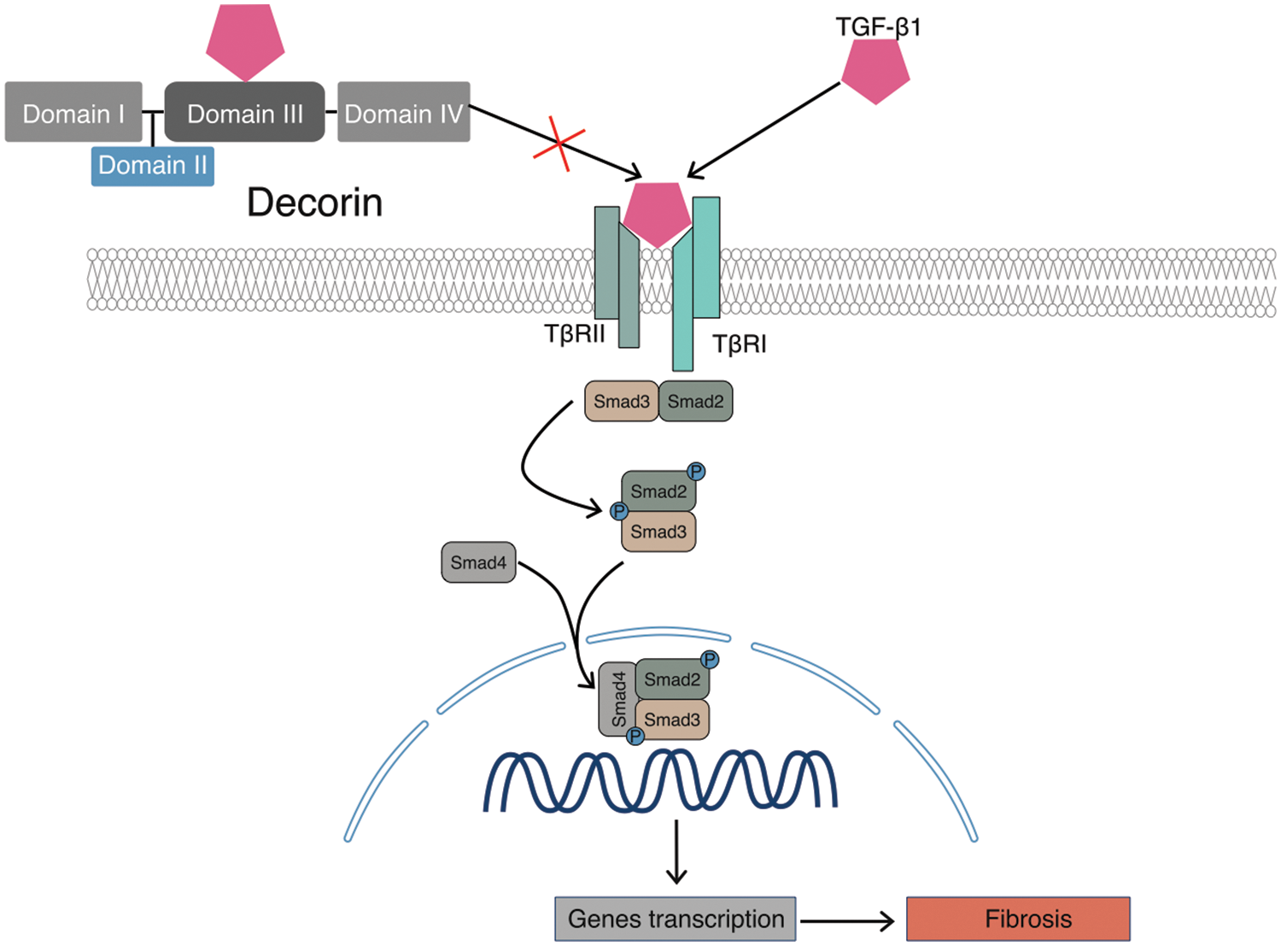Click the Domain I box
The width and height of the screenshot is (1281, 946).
click(x=73, y=112)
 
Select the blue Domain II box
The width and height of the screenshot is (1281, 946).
click(x=153, y=165)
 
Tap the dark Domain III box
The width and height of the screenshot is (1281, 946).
click(x=245, y=112)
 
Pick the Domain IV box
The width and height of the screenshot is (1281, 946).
click(x=404, y=112)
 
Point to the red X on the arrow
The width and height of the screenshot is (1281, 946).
click(x=559, y=144)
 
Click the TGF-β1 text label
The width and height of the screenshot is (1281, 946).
click(x=878, y=26)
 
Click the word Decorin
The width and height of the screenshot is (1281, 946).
click(x=314, y=203)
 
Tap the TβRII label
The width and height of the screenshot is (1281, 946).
click(x=575, y=333)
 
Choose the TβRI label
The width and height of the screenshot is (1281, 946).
click(x=740, y=344)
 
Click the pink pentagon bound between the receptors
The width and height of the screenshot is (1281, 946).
click(x=657, y=213)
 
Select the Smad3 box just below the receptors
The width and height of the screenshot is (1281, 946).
click(x=621, y=402)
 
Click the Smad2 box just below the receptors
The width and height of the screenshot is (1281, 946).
click(x=695, y=402)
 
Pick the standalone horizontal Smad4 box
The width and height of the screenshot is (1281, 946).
click(x=478, y=562)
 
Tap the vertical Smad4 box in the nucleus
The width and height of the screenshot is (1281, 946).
click(x=617, y=698)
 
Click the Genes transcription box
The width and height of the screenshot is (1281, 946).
click(x=676, y=919)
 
